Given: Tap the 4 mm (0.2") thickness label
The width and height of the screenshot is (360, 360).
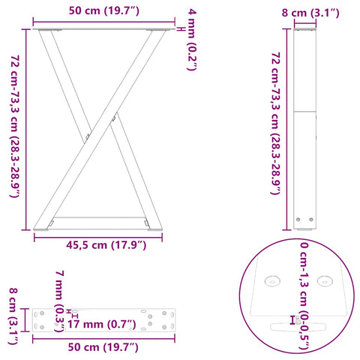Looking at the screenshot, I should pos(193,39).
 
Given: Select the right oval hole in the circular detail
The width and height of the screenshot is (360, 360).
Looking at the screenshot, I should pos(324,281).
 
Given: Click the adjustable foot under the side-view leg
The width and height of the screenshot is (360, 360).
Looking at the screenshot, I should pos(304,220).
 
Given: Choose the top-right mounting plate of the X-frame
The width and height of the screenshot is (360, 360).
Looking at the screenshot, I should pos(156,30).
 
